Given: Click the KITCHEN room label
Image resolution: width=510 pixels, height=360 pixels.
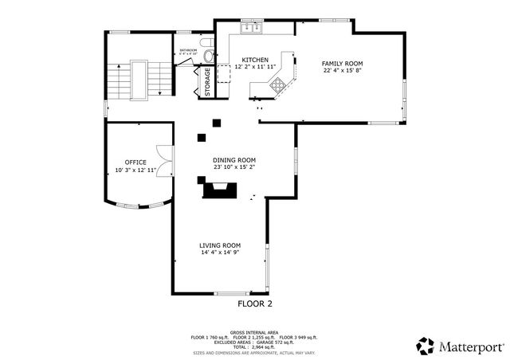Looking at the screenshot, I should (x=255, y=60).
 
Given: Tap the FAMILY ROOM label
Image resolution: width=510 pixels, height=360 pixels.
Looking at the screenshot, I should (x=343, y=63).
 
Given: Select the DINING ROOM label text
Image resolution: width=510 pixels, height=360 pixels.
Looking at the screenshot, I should (x=233, y=159).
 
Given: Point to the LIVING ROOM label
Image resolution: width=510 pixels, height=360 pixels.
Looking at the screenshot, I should (x=220, y=245).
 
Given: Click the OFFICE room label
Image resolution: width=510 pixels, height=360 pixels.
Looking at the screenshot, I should (x=135, y=162).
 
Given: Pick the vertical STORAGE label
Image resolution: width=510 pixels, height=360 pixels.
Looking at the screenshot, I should (x=208, y=82).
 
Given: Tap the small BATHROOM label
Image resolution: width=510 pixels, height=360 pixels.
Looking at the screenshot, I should (x=188, y=50).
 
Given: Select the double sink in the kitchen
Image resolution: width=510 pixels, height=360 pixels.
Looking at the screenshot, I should (x=253, y=29).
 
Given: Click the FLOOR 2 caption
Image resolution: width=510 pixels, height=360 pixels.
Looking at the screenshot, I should (x=255, y=303).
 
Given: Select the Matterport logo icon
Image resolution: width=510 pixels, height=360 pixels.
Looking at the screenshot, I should (x=425, y=346).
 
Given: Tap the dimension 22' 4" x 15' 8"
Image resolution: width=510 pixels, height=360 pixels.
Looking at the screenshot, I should (x=343, y=71).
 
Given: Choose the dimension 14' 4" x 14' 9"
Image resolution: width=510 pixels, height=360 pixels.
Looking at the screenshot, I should (x=220, y=252).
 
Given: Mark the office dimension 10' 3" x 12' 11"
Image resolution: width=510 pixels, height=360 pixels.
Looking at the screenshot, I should (x=135, y=170).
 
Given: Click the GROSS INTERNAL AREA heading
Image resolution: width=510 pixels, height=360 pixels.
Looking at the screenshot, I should (x=254, y=332).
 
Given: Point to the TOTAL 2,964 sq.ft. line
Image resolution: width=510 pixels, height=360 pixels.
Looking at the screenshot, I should (x=254, y=346).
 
